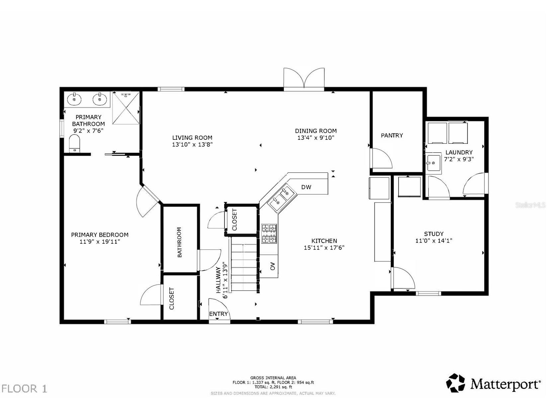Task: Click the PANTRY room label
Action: coord(392,135)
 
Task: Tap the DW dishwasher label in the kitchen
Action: coord(306,187)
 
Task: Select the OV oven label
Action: coord(273,266)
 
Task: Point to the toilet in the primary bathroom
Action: coord(74,143)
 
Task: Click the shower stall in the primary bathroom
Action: coord(126,108)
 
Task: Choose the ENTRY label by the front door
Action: coord(218,314)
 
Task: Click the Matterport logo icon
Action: coord(456,382)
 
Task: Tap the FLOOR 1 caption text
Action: coord(24,389)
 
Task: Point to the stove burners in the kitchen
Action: coord(269,233)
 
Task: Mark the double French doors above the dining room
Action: coord(304,78)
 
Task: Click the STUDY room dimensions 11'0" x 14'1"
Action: coord(434,241)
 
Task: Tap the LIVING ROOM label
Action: coord(192,137)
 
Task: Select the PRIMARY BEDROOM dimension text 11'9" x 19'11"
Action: coord(100,241)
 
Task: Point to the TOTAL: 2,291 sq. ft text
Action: coord(273,387)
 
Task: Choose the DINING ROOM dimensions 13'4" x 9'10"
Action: coord(316,137)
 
